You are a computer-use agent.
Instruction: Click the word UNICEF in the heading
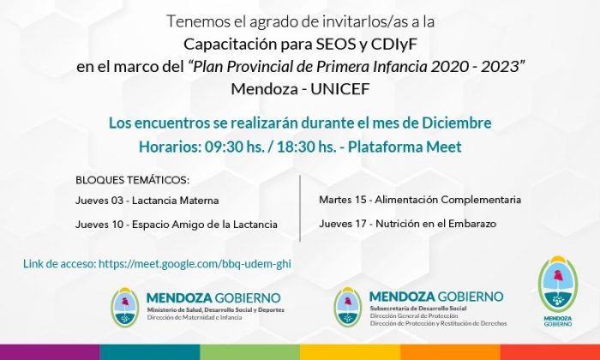339,89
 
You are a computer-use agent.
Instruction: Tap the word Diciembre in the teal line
457,123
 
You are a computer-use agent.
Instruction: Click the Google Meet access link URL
195,264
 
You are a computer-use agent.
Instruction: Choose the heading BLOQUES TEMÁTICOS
132,180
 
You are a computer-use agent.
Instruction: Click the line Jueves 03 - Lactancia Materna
147,201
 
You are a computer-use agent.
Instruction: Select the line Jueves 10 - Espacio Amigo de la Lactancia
177,225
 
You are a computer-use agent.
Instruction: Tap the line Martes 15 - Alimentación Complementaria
420,200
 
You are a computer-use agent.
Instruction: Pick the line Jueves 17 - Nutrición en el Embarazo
407,224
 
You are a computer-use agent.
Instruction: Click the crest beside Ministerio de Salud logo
125,308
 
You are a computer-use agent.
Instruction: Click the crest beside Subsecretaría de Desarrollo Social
347,307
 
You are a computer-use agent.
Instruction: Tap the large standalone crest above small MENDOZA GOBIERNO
557,285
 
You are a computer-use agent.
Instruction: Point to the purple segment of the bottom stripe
50,352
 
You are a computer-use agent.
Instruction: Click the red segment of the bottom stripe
550,352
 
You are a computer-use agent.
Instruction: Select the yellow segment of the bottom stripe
350,352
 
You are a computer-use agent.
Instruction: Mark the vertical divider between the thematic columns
300,208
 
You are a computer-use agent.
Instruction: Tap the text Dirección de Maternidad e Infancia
195,317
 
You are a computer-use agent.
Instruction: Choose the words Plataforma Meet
405,147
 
